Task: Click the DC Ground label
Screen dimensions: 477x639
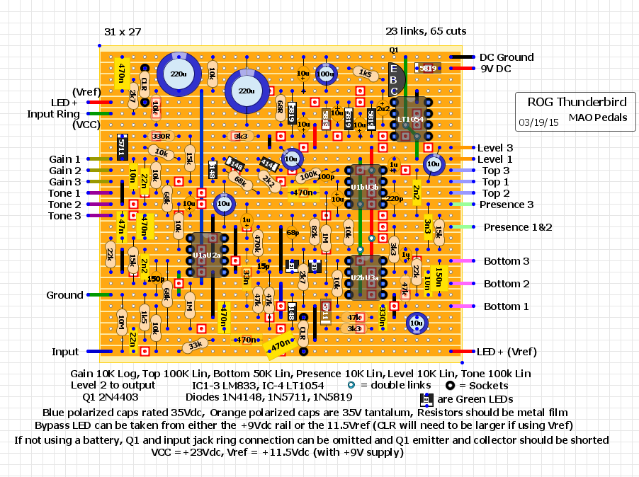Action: [x=507, y=57]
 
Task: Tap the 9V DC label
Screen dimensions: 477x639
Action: [x=495, y=69]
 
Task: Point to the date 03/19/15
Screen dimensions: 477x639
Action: [x=538, y=122]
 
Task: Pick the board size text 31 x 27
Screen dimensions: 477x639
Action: [x=123, y=32]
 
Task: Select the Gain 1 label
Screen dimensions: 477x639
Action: [x=64, y=159]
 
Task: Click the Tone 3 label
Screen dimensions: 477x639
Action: [x=64, y=216]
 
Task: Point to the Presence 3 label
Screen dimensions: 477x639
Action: [x=507, y=205]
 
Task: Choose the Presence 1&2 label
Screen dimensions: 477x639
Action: [x=517, y=227]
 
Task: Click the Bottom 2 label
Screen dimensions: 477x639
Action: [x=507, y=284]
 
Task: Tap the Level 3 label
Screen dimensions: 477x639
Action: [x=495, y=148]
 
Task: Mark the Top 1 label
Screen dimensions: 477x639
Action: [x=495, y=182]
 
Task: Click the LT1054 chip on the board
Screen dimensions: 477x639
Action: [x=410, y=120]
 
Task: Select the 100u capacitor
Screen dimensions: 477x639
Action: [x=325, y=74]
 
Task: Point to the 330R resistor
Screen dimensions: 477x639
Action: [x=161, y=136]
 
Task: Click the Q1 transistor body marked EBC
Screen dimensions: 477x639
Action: [x=394, y=79]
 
